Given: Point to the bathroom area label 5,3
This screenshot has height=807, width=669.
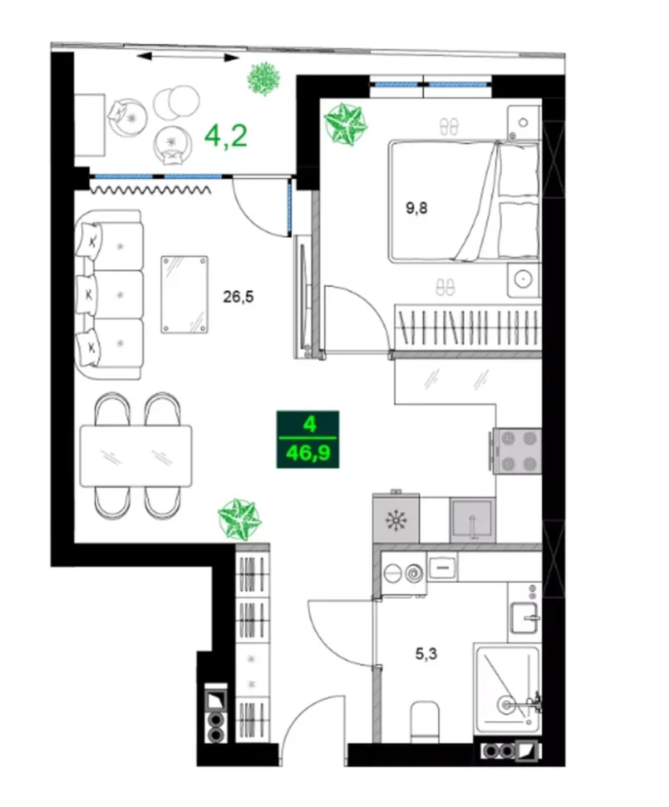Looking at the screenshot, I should click(x=427, y=653).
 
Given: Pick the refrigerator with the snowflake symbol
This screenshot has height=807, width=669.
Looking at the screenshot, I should click(x=396, y=520).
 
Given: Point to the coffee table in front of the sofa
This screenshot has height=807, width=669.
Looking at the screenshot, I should click(x=184, y=294).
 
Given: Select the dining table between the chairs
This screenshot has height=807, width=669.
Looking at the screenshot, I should click(x=136, y=456).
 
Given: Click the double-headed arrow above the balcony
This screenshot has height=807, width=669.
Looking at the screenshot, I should click(x=187, y=57).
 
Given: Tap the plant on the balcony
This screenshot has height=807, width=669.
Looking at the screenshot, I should click(x=263, y=78).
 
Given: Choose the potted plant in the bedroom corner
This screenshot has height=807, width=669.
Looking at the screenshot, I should click(x=346, y=123).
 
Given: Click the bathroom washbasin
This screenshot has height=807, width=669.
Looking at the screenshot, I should click(x=524, y=615).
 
